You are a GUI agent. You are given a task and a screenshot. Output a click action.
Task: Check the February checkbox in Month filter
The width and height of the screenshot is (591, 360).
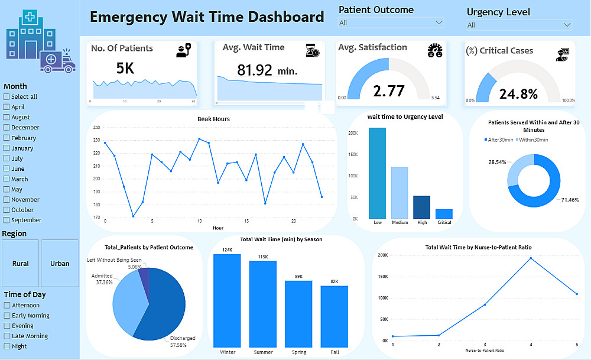pos(7,138)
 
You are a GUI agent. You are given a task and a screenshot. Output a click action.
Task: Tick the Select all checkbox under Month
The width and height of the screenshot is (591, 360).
pos(7,97)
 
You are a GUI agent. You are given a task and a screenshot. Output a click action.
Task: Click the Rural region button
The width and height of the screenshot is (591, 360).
pos(21,264)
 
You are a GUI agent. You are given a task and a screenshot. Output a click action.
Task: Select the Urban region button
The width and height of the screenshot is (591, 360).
pos(60,264)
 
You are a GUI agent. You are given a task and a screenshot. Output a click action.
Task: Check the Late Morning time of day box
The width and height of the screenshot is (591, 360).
pos(7,336)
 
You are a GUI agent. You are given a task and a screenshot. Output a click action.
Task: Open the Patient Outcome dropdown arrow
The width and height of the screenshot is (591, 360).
pos(439,22)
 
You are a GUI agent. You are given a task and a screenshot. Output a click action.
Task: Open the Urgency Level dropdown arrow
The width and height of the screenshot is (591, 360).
pos(567,25)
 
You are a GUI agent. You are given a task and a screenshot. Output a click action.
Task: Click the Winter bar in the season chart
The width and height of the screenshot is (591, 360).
pos(228,301)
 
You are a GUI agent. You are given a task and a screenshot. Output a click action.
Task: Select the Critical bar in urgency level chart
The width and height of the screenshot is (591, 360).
pos(444,213)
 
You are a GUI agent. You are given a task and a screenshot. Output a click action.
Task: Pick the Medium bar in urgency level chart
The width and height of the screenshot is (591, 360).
pos(400,192)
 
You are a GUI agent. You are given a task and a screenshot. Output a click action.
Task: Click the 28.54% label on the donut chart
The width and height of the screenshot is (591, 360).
pos(497,162)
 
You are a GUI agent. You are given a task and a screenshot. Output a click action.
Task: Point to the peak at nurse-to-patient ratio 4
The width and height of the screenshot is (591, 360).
pos(531,258)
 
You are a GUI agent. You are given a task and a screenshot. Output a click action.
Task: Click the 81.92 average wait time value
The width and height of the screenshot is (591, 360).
pos(255,70)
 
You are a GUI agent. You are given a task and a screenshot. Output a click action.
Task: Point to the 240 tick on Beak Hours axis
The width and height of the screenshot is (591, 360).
pos(97,128)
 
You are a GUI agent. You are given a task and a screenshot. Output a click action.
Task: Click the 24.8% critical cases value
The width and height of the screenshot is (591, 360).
pos(518,94)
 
